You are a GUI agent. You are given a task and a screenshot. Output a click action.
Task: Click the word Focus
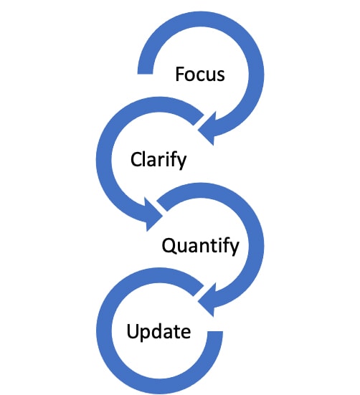[x=200, y=74]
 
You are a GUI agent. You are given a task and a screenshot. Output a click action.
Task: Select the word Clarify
[x=158, y=160]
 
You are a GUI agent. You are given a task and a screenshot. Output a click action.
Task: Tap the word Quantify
[x=200, y=246]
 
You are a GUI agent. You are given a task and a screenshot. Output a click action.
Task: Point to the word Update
[x=158, y=331]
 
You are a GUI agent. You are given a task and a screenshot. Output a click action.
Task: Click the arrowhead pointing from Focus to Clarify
[x=207, y=129]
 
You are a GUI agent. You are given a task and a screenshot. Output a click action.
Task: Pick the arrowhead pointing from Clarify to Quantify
[x=153, y=214]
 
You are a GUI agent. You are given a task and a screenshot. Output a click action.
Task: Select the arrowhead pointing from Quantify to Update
[x=207, y=300]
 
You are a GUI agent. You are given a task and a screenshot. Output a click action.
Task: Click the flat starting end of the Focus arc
[x=145, y=73]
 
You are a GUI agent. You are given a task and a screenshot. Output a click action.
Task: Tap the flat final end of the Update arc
[x=215, y=333]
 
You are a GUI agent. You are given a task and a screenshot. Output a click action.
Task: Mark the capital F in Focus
[x=180, y=74]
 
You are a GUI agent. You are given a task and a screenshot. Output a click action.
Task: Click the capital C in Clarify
[x=136, y=160]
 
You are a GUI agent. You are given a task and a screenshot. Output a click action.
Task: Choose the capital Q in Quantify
[x=169, y=246]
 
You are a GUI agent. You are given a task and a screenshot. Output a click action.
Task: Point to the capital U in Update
[x=133, y=331]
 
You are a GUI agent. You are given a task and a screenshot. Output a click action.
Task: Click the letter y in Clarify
[x=181, y=163]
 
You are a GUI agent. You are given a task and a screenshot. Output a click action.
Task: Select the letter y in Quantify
[x=234, y=249]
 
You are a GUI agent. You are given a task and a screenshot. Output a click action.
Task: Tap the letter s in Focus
[x=220, y=76]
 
